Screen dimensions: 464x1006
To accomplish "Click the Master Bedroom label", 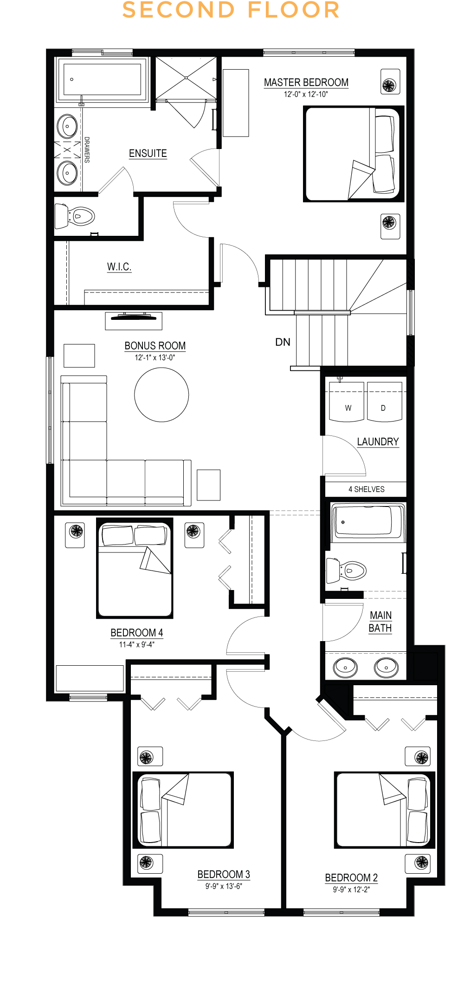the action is tap(306, 82).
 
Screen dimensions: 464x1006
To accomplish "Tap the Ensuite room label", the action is tap(148, 153).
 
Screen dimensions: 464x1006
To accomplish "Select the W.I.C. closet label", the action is tap(119, 266).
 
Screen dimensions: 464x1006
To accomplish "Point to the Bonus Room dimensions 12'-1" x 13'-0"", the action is tap(155, 357).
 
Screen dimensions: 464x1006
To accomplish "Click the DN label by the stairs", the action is tap(283, 342).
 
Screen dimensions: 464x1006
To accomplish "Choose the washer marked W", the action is tap(347, 402).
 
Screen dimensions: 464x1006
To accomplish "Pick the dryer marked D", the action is tap(385, 402).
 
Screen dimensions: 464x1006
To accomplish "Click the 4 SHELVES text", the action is tap(367, 489).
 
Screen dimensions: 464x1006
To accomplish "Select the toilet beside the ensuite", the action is tap(75, 216).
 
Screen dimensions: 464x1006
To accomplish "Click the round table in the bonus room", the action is tap(161, 395).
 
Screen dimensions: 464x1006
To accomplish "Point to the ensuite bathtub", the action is tap(102, 80).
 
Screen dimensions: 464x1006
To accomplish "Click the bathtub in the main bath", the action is tap(368, 522).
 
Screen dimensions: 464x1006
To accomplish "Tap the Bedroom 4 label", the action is tap(137, 633).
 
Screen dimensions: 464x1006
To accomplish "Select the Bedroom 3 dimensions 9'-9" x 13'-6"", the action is tap(224, 886).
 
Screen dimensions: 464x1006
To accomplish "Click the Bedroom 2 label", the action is tap(351, 878).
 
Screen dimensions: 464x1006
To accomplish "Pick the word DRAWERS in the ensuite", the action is tap(87, 149).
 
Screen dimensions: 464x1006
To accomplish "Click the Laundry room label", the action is tap(378, 441).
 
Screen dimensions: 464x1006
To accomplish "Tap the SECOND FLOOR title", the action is tap(231, 10).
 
